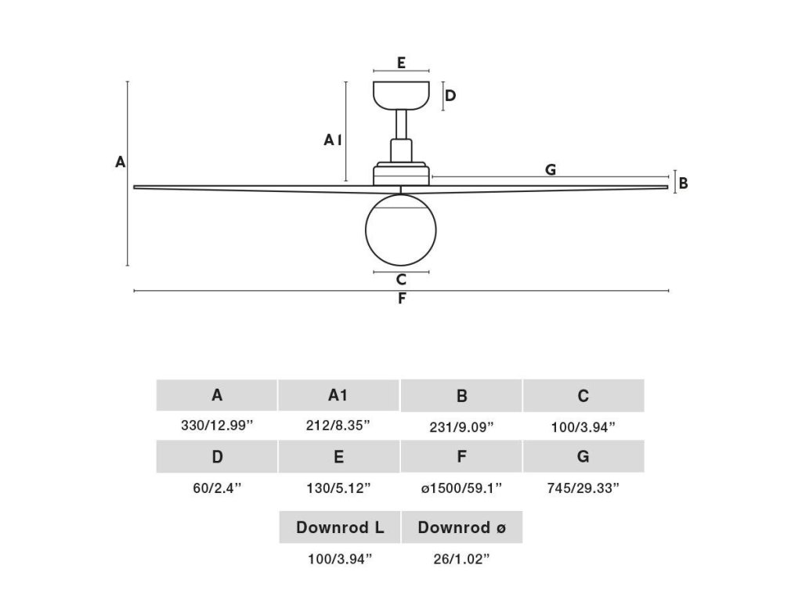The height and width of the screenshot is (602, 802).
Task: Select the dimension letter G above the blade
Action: tap(551, 169)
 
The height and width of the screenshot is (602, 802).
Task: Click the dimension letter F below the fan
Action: tap(402, 299)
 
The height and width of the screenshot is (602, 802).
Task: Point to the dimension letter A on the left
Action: tap(120, 162)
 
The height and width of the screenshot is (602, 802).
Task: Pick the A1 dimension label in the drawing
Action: tap(333, 140)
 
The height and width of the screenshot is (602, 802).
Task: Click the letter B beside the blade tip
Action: tap(683, 183)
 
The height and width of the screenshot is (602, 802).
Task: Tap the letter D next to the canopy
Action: tap(450, 96)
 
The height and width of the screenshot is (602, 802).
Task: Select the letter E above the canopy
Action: tap(401, 62)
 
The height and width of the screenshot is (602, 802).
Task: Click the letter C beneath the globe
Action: tap(401, 279)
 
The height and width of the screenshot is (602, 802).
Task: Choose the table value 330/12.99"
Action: tap(217, 426)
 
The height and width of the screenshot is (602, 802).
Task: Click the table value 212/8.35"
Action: tap(338, 426)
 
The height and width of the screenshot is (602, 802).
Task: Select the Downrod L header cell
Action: tap(340, 528)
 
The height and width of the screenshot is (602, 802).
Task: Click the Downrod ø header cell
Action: tap(461, 528)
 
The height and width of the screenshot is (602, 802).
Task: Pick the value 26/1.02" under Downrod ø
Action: tap(461, 559)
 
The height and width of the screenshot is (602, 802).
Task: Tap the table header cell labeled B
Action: tap(461, 396)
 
